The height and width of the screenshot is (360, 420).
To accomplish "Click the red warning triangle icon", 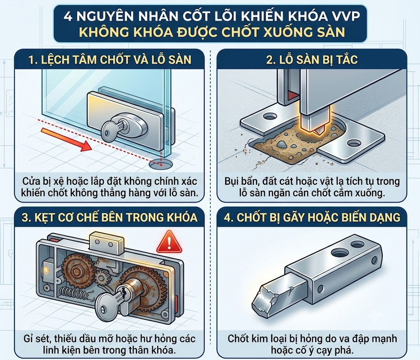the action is tap(169, 243).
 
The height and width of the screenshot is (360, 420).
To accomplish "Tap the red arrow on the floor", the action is tap(67, 140).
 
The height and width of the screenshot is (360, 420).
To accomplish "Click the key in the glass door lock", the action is tap(112, 128).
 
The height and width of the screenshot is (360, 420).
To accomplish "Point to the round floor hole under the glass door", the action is tap(161, 164).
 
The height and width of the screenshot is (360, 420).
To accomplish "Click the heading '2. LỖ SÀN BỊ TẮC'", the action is tap(312, 60).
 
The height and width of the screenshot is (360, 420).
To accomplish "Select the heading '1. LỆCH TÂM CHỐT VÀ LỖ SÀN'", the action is tap(110, 60).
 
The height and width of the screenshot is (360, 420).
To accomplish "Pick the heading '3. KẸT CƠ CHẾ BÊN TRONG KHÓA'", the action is tap(110, 217).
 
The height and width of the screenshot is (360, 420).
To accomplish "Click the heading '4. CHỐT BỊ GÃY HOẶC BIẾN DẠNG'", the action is tap(312, 217).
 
